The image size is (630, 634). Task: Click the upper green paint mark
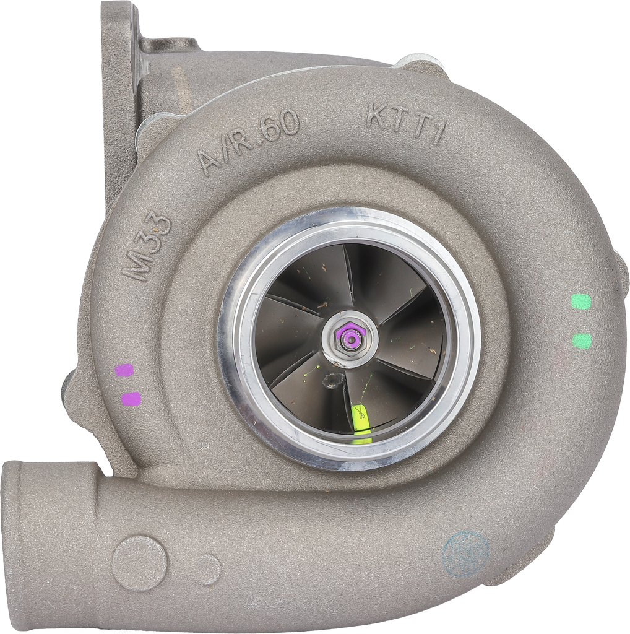[x=580, y=302]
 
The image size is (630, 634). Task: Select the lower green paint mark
[x=581, y=341]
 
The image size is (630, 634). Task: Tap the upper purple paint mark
[x=124, y=370]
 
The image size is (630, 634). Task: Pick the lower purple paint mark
[x=131, y=398]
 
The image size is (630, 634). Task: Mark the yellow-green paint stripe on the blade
[x=361, y=422]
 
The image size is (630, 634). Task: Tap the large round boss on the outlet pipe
[x=139, y=563]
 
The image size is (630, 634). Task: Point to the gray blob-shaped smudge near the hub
[x=334, y=381]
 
